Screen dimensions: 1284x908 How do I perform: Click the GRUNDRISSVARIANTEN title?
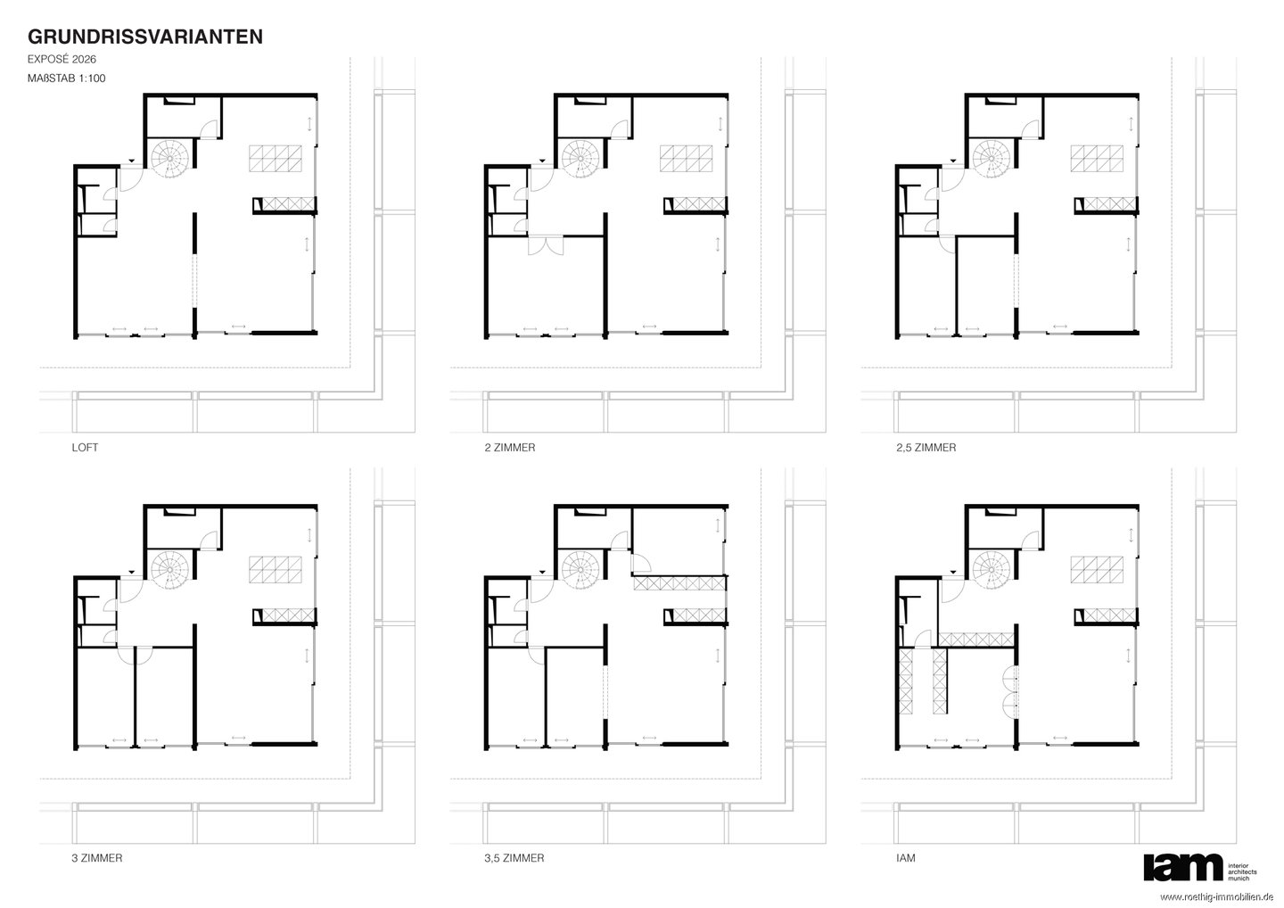coord(145,37)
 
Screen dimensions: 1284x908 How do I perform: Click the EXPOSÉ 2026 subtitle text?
coord(62,59)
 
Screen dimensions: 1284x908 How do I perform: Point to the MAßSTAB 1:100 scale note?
coord(67,78)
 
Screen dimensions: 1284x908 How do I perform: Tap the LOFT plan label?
coord(85,447)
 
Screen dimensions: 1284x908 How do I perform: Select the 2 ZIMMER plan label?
coord(510,447)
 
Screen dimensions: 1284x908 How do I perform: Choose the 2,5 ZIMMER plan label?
coord(926,447)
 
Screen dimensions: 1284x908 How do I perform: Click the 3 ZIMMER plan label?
coord(97,858)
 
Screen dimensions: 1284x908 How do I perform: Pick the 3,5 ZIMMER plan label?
coord(514,858)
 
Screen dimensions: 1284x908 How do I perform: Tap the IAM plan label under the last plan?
coord(906,858)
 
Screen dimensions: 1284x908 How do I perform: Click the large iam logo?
coord(1182,867)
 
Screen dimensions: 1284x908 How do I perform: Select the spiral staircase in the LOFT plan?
coord(169,159)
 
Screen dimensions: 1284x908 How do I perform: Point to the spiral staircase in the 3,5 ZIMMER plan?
coord(580,570)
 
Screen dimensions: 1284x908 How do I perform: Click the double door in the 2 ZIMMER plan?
coord(546,245)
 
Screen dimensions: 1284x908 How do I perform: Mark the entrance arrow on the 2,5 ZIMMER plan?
coord(953,161)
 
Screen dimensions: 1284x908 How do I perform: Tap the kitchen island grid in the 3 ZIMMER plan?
coord(276,570)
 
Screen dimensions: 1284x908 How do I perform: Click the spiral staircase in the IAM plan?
coord(992,570)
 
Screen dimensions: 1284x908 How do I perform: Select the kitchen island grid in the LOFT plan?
coord(276,159)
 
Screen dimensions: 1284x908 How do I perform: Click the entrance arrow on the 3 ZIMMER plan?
coord(132,572)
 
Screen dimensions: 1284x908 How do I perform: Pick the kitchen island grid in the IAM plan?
coord(1097,570)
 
